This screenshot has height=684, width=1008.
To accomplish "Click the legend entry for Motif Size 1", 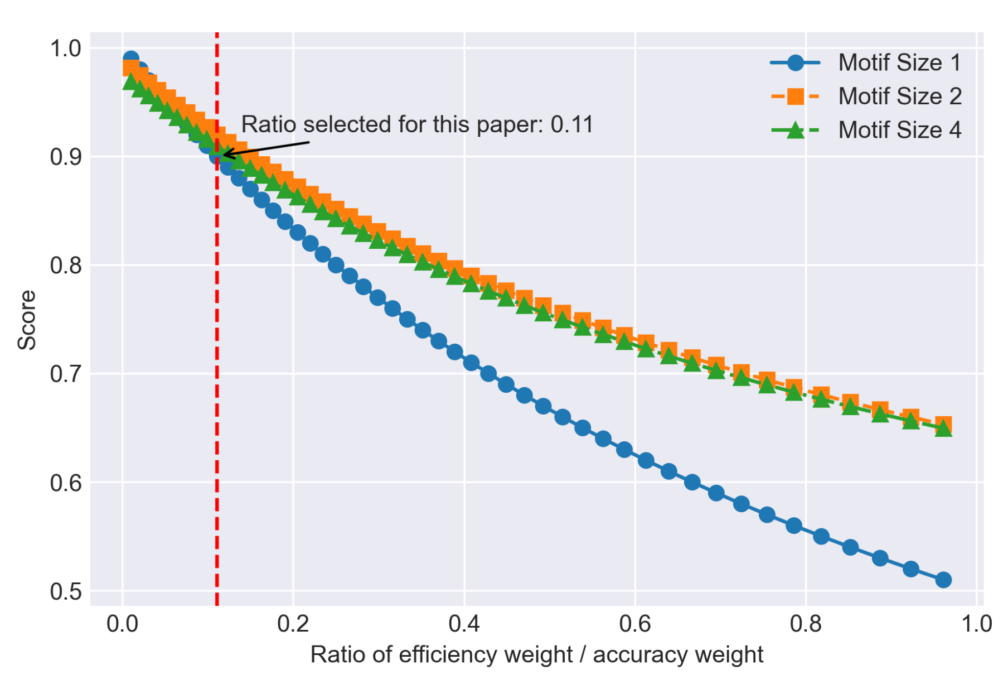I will [x=899, y=62].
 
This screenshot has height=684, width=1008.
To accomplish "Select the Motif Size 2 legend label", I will [x=899, y=97].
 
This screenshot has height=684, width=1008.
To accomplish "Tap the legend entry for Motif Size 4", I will [x=899, y=130].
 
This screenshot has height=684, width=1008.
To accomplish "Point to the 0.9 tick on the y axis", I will [x=66, y=157].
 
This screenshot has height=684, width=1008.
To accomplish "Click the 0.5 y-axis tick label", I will [x=66, y=591].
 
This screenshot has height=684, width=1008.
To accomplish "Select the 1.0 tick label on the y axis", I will [x=66, y=49].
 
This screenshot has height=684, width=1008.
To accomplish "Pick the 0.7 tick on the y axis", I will [x=66, y=373].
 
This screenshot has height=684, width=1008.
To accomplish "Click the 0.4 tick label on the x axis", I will [x=464, y=624].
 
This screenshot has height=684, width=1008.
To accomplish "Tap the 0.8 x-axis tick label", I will [x=806, y=624].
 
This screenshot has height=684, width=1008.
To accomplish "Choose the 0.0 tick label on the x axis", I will [x=122, y=624].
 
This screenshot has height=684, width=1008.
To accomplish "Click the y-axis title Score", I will [x=27, y=320].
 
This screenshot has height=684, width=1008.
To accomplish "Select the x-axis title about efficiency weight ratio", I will [x=536, y=655].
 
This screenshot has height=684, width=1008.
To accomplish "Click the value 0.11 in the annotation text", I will [x=572, y=124].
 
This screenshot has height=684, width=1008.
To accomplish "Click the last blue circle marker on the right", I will [x=943, y=580].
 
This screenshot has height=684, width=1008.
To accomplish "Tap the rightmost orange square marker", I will [x=943, y=424].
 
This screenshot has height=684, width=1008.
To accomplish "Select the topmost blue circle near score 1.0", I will [x=131, y=59].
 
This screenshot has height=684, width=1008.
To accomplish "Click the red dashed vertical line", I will [x=217, y=391].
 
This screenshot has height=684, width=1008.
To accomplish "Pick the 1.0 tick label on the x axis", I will [x=976, y=624].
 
